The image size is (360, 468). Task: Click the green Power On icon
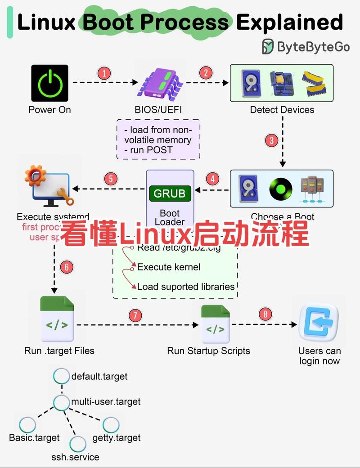tap(49, 83)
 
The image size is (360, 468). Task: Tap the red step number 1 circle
tap(104, 73)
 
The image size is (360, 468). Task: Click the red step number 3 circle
tap(271, 140)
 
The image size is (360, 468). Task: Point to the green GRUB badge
tap(170, 193)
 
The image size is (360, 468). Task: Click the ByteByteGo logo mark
tap(268, 46)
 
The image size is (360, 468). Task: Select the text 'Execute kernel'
tap(169, 267)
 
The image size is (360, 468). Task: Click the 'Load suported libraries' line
tap(186, 287)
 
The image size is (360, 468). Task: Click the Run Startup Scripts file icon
tap(216, 324)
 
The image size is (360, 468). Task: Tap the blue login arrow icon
tap(319, 322)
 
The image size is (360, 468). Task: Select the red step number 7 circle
tap(135, 315)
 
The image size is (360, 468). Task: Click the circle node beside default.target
tap(61, 376)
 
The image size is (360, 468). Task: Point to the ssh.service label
tap(75, 457)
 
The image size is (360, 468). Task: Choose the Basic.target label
tap(34, 438)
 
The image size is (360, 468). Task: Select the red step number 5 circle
tap(111, 179)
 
